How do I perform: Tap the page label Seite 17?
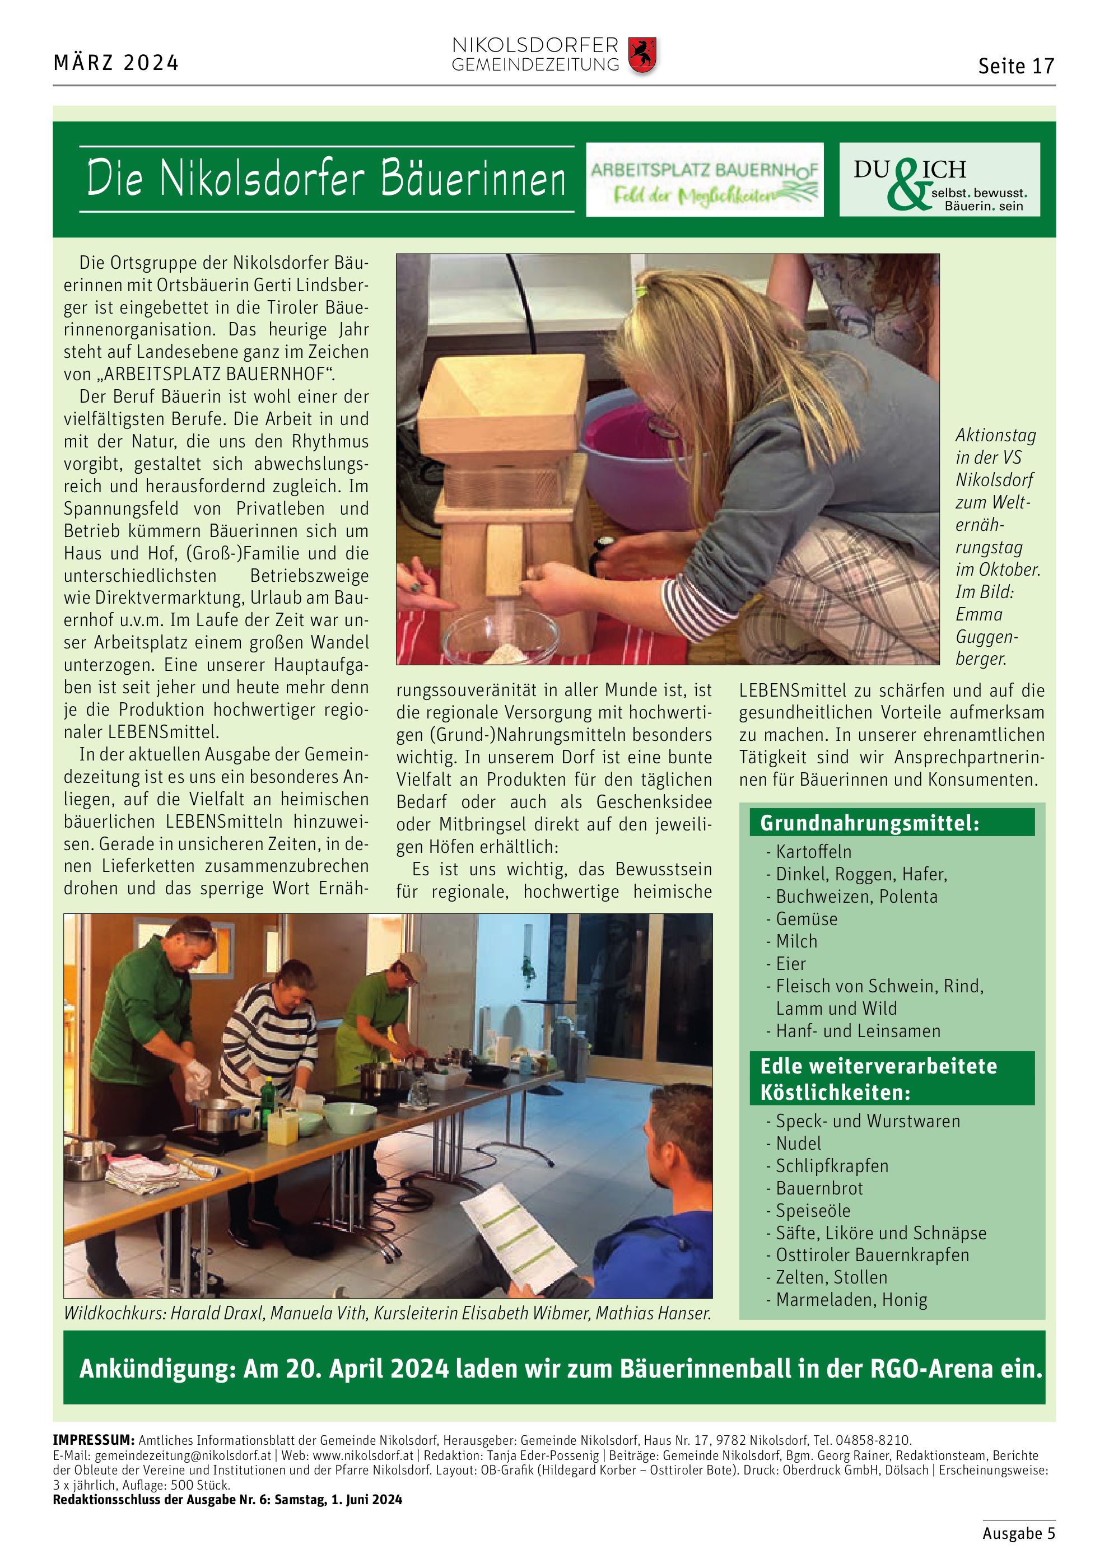1015,66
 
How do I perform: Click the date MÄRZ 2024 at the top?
116,63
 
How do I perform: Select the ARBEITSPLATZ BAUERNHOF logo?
704,180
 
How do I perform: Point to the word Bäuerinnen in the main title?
473,179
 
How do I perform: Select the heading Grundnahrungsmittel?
869,823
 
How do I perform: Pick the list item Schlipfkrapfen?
832,1166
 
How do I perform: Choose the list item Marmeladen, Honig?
851,1300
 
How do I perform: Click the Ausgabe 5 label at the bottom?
1018,1533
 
